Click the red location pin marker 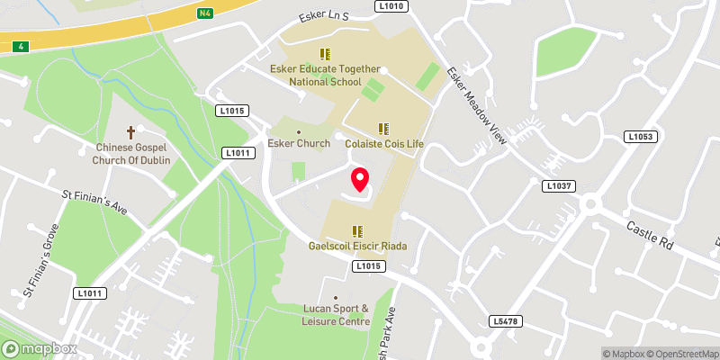(360, 181)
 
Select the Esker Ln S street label (324, 15)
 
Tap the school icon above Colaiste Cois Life (383, 129)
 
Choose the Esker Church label (299, 142)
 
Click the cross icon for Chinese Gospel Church (130, 131)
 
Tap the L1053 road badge (640, 137)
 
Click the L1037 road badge (557, 185)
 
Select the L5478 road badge (507, 320)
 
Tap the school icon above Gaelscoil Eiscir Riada (357, 231)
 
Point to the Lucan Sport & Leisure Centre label (336, 314)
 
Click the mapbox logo (38, 348)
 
